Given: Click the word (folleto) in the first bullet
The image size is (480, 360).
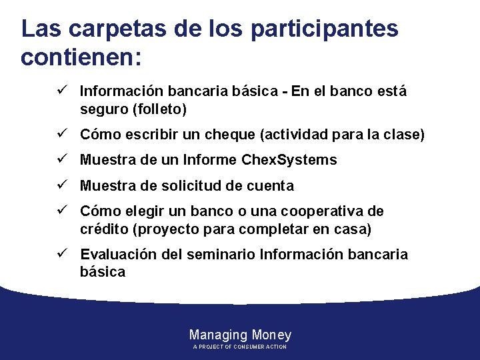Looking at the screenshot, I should (x=160, y=108).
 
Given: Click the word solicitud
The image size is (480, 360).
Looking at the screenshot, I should (x=189, y=185).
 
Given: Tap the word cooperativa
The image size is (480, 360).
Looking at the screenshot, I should (x=314, y=211).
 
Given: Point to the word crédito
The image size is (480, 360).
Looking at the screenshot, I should (x=104, y=229).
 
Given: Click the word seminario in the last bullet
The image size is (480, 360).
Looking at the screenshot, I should (x=224, y=255).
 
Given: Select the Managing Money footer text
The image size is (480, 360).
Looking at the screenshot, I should (x=240, y=335).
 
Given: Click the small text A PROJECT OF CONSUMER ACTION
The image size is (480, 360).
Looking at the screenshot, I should (x=240, y=347).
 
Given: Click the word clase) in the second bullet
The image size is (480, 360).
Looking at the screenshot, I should (x=403, y=135).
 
